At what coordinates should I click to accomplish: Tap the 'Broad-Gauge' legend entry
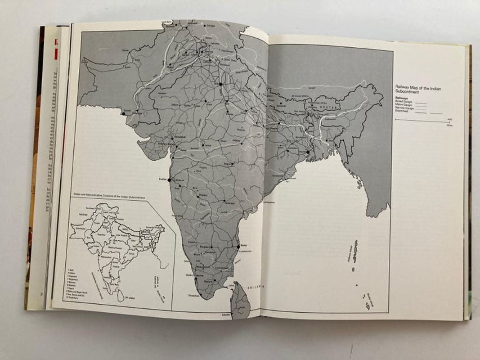[404, 102]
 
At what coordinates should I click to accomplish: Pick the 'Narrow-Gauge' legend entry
[404, 108]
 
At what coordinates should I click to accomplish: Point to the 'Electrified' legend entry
[402, 112]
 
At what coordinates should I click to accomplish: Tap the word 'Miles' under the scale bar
[449, 125]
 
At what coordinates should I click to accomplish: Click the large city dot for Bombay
[170, 180]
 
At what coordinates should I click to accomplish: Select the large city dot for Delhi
[221, 84]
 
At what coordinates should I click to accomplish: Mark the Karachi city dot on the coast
[123, 114]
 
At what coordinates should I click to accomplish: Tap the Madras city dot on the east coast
[238, 246]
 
